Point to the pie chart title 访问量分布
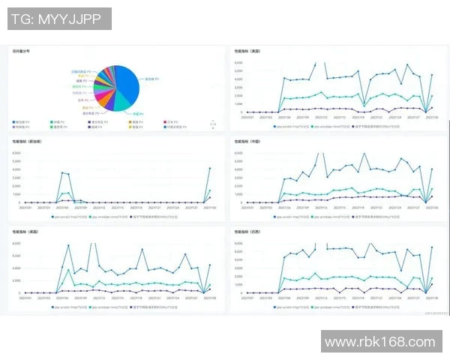(x=22, y=52)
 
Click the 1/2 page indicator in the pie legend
(x=212, y=124)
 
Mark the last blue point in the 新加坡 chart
(x=209, y=168)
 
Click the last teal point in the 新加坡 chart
(x=209, y=190)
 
